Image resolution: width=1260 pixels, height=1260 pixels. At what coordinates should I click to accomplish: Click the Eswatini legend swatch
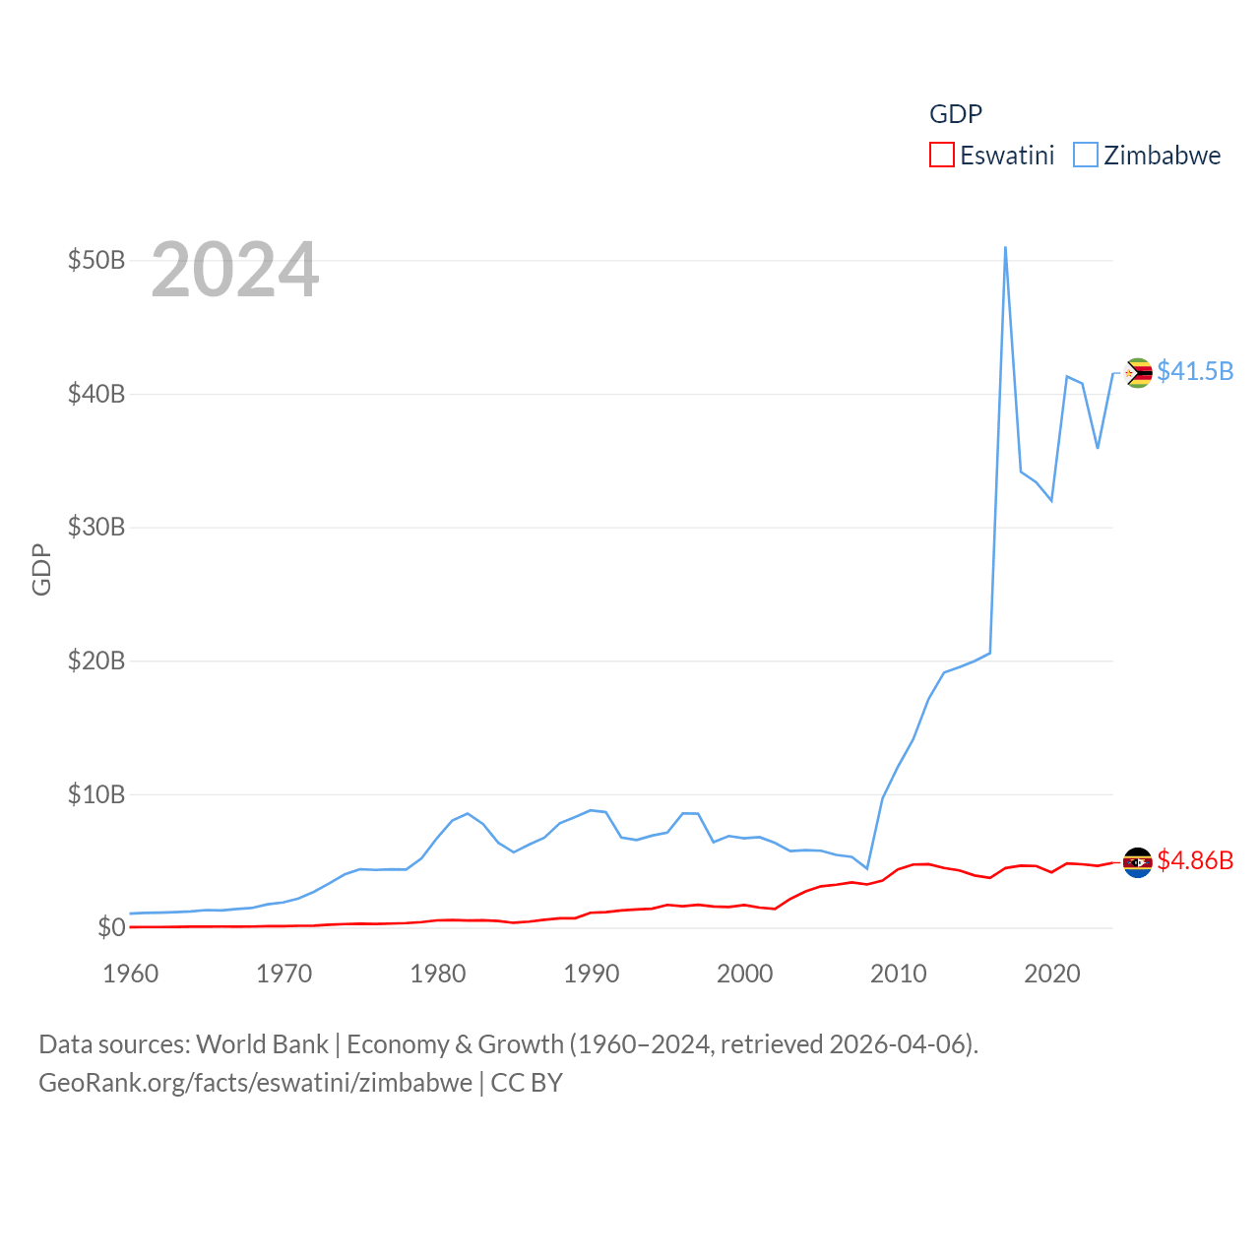click(942, 156)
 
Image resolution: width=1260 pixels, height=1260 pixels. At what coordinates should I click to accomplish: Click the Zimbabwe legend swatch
click(1086, 156)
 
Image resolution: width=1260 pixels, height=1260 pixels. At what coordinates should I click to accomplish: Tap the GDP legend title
click(956, 114)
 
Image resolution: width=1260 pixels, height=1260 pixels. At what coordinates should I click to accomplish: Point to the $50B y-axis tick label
click(96, 260)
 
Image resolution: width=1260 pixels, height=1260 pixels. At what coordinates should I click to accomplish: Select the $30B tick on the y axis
click(96, 527)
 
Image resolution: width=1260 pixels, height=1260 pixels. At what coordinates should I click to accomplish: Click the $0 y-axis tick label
click(111, 927)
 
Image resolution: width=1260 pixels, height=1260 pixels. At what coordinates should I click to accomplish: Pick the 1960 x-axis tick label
click(131, 974)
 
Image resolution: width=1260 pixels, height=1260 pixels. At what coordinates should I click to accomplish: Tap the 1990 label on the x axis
click(592, 974)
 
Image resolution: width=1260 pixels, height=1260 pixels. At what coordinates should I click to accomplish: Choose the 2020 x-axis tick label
click(1052, 974)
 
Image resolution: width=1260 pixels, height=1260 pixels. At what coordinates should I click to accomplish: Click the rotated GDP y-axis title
click(41, 569)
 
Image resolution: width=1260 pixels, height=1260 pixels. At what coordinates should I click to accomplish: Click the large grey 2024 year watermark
click(235, 270)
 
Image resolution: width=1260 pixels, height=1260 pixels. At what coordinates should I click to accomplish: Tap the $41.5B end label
click(1195, 371)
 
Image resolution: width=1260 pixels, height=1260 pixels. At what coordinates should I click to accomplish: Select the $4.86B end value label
click(1195, 860)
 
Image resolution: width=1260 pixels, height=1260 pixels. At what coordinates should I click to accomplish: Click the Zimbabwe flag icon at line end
click(1138, 373)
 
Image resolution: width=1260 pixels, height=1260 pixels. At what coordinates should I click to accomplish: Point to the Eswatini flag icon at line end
click(1138, 862)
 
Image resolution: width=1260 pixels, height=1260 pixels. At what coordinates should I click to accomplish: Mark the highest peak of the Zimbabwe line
click(1005, 248)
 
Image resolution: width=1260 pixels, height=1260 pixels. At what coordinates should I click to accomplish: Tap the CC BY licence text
click(527, 1083)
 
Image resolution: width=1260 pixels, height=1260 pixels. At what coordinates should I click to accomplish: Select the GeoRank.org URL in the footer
click(256, 1083)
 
